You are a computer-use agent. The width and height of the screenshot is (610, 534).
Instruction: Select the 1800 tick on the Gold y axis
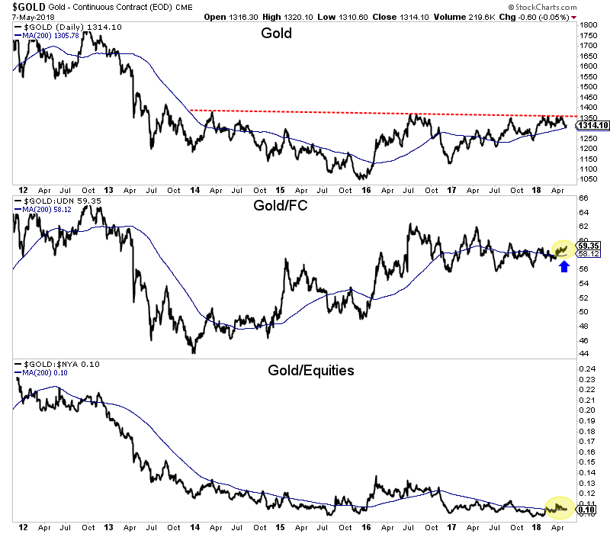pos(587,25)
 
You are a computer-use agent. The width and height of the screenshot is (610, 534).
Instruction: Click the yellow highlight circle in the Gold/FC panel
pos(565,248)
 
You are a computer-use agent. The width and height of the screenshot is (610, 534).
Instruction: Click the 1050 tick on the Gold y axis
pos(587,179)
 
